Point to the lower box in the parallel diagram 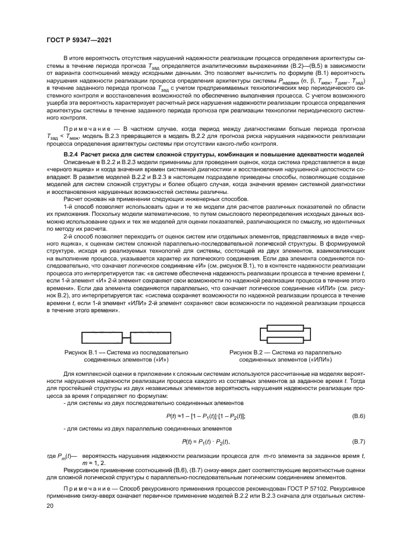287,340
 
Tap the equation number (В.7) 359,441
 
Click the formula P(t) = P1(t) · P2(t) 205,441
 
